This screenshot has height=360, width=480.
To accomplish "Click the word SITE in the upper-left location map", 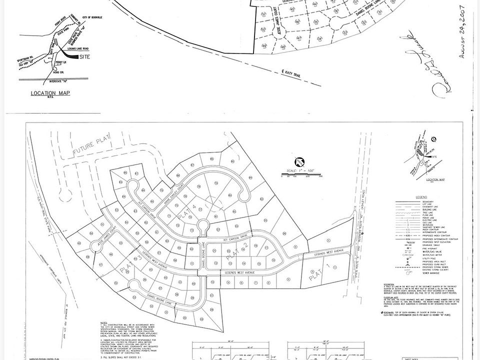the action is click(86, 57).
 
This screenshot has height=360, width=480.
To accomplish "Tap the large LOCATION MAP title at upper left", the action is click(50, 93).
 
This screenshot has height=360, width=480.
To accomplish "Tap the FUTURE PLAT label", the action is click(90, 149).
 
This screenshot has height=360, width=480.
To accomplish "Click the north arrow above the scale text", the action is click(298, 162).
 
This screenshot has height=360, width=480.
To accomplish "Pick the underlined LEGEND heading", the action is click(420, 197).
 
